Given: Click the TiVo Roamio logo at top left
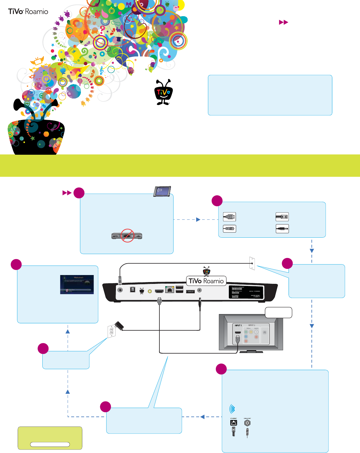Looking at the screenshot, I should coord(28,12).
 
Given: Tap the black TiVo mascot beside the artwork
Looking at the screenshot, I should coord(164,92).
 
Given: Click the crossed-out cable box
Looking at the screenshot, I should coord(127,236).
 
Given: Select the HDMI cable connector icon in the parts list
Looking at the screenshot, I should coord(229,217).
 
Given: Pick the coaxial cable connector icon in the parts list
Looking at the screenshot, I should coord(229,229).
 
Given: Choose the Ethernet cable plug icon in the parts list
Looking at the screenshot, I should coord(282,217).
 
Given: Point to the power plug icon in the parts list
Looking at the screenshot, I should coord(282,229).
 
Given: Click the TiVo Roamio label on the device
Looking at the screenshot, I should coord(206,281).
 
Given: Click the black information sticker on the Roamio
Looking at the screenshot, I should coord(246,292).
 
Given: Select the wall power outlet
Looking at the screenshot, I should coord(111,332).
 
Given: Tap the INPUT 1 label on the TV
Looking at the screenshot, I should coord(238,326).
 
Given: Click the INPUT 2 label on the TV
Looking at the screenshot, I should coord(251,325).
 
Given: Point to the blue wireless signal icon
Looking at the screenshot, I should coord(232,409).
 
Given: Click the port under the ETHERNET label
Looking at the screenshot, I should coord(234,423).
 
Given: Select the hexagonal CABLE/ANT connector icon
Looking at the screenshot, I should coord(247,423).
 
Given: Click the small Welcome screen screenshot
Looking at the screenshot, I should coord(77,284).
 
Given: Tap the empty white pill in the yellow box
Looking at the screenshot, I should coord(50,444).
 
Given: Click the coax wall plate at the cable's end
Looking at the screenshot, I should coord(252,263).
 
